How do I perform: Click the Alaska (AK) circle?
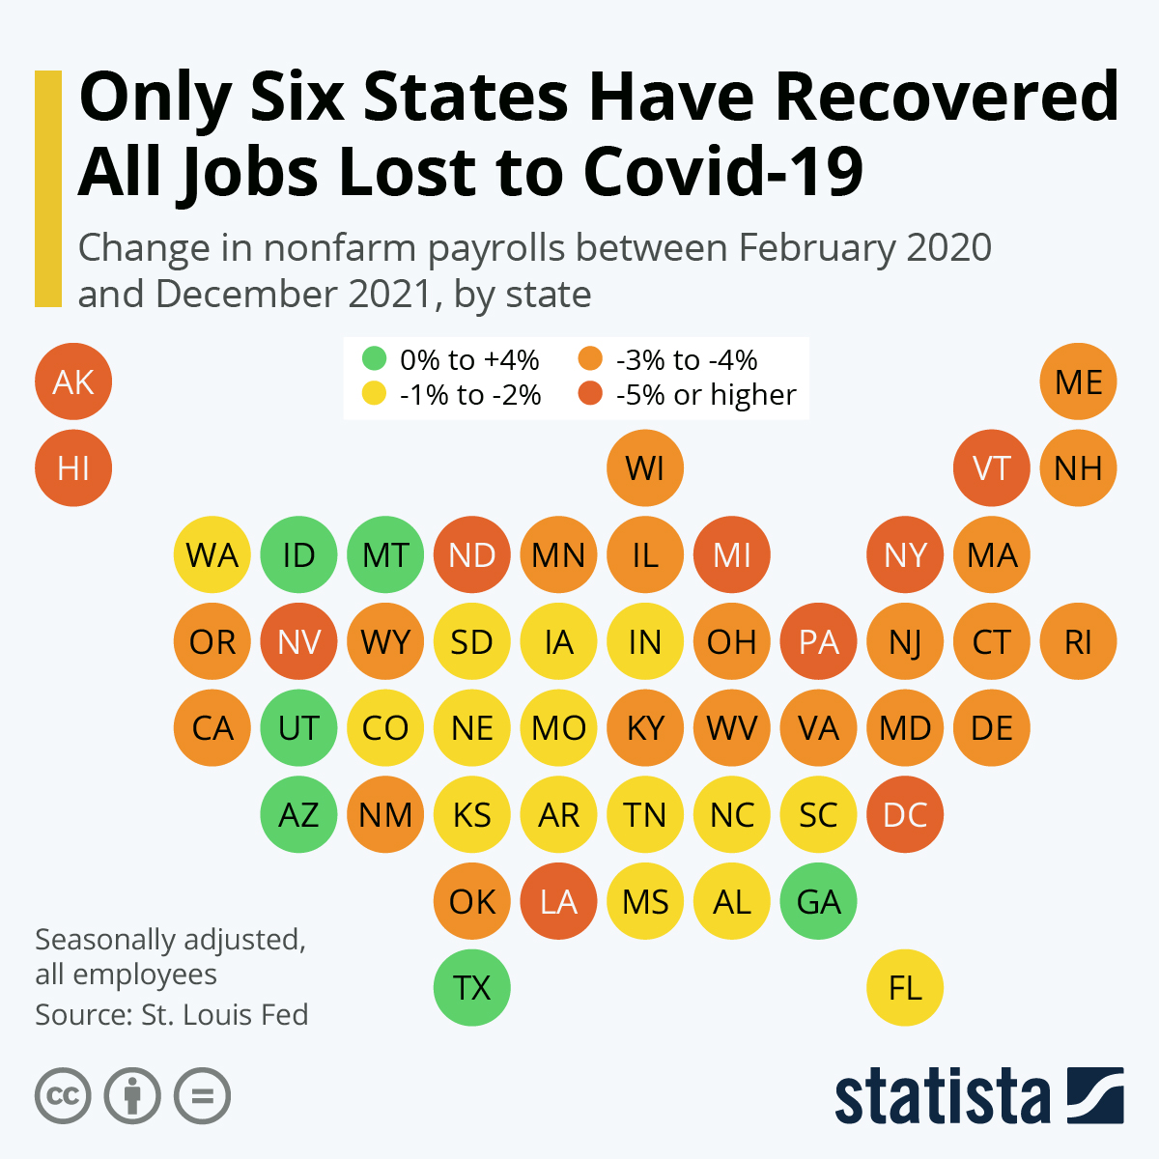73,382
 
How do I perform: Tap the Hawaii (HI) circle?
73,468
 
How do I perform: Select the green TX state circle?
472,987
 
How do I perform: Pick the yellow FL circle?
905,987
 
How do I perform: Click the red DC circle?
905,814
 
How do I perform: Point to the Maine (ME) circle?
1079,382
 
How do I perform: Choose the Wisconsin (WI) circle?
645,468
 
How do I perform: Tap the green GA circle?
818,901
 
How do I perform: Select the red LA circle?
558,901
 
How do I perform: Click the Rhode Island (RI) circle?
1079,641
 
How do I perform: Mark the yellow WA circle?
212,555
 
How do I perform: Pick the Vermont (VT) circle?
992,468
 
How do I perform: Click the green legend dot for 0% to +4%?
374,359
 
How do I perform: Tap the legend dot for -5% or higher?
590,394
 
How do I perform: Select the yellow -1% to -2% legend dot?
374,394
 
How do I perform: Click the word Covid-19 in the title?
723,172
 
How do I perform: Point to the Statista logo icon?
1095,1095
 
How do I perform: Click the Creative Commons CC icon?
63,1096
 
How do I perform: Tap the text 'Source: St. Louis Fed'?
172,1015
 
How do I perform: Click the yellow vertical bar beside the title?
48,188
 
